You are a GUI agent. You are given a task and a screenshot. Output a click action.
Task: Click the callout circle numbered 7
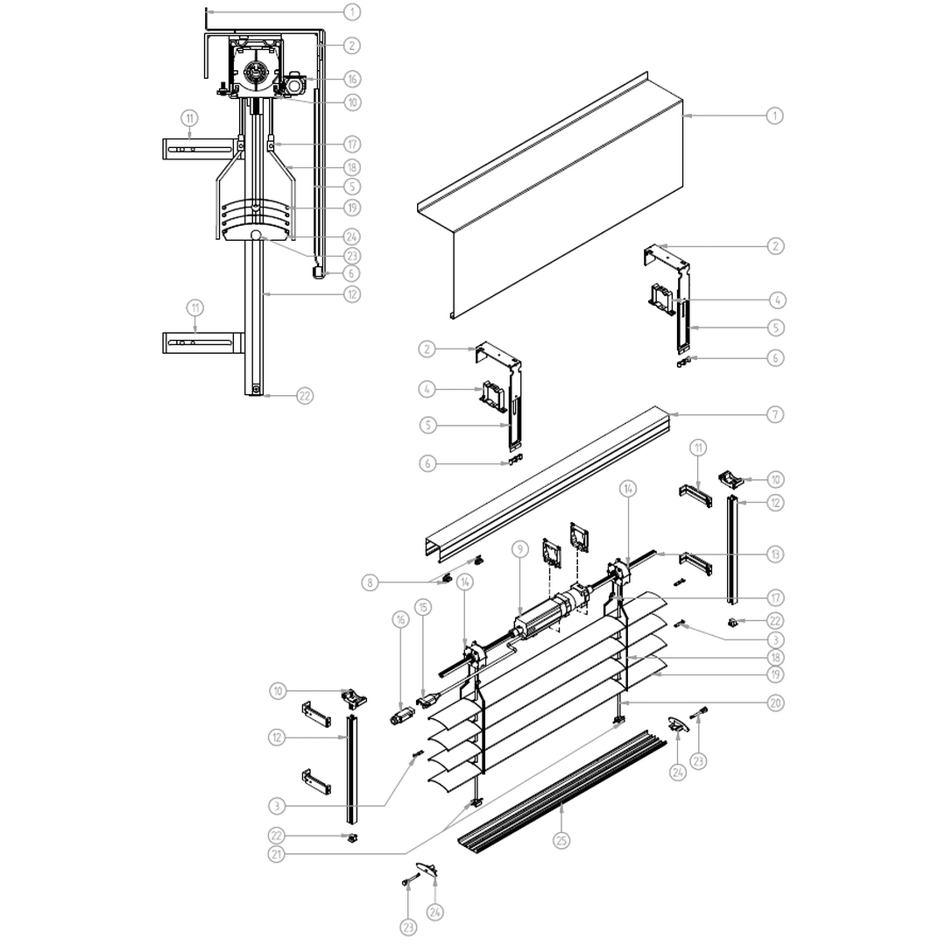click(x=775, y=414)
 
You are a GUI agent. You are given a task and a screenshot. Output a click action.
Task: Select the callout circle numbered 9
click(x=519, y=549)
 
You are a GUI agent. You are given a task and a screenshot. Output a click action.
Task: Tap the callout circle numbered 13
click(x=775, y=554)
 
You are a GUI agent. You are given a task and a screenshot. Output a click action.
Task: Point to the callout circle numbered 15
click(x=424, y=607)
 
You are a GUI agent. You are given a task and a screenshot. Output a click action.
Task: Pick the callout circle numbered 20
click(x=775, y=702)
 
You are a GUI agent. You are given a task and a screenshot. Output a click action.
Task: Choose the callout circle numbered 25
click(x=561, y=839)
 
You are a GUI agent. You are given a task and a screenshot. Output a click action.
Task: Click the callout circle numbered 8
click(x=371, y=582)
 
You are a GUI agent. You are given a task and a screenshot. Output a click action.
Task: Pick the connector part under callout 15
click(x=427, y=699)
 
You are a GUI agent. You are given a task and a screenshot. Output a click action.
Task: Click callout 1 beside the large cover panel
click(x=775, y=115)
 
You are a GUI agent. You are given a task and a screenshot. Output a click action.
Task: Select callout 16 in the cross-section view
click(x=352, y=79)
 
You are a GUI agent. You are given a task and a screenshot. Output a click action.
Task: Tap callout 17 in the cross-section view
click(x=352, y=144)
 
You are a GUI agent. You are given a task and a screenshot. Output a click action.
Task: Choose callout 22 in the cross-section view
click(x=304, y=396)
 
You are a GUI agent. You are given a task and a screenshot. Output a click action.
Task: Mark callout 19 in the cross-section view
click(x=352, y=208)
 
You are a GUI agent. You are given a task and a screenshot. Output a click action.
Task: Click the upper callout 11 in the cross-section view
click(x=189, y=117)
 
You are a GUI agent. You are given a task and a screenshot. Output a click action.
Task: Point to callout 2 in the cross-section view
click(x=352, y=45)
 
